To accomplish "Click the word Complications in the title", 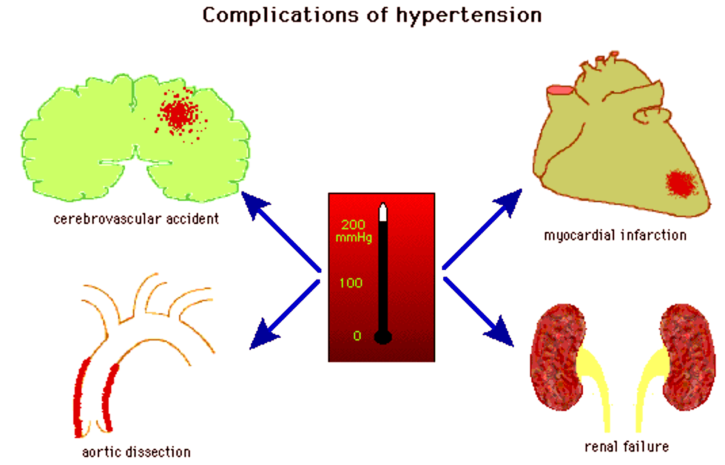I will [280, 16].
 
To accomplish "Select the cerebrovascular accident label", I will [136, 219].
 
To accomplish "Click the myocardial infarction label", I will [615, 235].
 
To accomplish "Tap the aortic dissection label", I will [136, 452].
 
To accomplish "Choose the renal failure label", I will [626, 447].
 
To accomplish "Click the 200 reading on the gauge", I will [353, 225].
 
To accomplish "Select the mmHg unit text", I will [354, 238].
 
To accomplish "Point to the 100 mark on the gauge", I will [351, 283].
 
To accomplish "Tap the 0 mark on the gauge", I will [357, 335].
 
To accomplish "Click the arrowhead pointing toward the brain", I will [253, 204].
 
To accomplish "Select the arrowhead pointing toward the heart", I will [510, 201].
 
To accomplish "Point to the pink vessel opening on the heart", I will [560, 90].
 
